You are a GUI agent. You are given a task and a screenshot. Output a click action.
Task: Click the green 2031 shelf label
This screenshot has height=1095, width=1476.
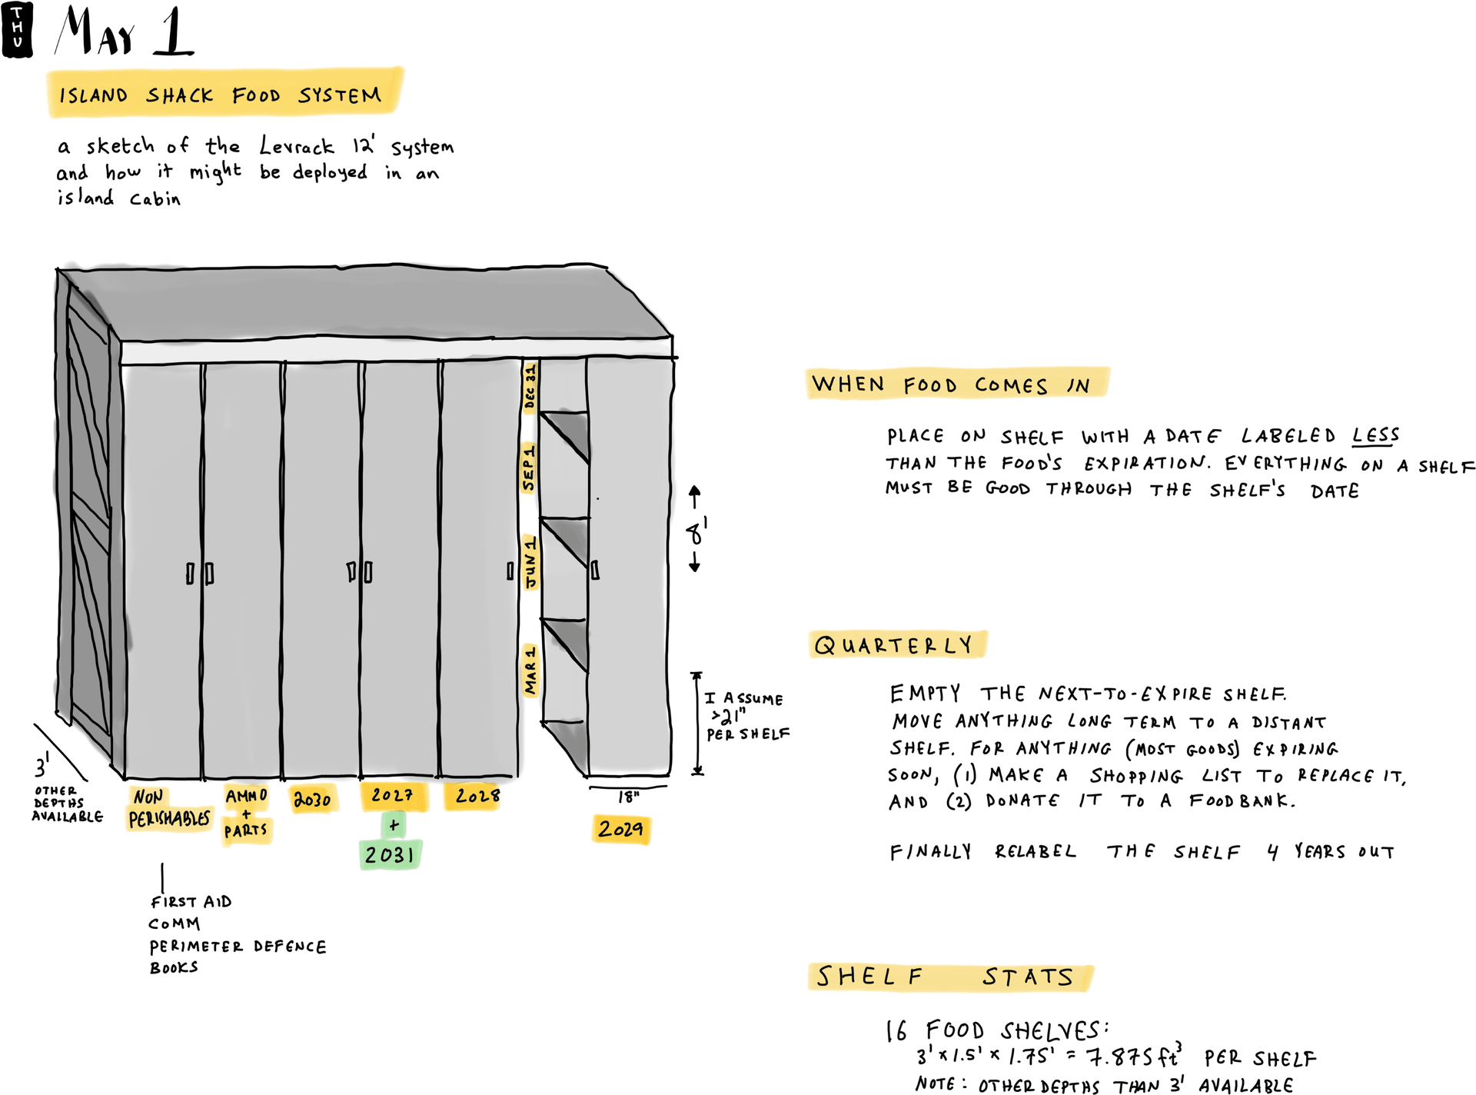click(x=390, y=854)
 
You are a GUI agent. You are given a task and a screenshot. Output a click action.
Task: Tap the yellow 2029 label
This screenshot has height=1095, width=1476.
click(x=620, y=829)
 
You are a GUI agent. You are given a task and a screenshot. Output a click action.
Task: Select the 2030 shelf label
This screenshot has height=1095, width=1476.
click(x=312, y=800)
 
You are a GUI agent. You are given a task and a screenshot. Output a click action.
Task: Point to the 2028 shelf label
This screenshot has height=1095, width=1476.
click(x=477, y=796)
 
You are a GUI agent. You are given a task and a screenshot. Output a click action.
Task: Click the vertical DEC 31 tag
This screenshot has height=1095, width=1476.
click(x=530, y=387)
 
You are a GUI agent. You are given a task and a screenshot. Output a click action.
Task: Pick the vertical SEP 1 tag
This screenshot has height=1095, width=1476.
click(x=528, y=468)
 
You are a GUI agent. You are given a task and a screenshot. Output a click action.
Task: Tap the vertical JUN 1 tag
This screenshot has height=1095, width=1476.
click(x=530, y=562)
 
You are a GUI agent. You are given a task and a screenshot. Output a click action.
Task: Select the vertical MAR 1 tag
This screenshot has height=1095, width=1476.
click(x=530, y=670)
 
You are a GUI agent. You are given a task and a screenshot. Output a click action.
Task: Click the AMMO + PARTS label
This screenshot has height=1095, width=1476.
click(x=246, y=814)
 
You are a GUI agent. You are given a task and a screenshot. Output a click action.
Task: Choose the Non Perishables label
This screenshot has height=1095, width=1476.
click(x=168, y=809)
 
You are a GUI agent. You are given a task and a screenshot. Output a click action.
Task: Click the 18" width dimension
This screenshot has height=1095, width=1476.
click(x=629, y=797)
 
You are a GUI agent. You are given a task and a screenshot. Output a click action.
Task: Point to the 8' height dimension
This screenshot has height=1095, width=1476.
click(x=696, y=530)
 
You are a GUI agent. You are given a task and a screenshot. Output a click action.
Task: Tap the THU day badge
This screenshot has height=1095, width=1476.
click(x=17, y=29)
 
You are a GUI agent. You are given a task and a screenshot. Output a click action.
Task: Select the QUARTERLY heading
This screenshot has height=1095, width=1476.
click(x=894, y=645)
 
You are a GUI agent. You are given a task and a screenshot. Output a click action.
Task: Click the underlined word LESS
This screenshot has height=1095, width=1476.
click(x=1375, y=436)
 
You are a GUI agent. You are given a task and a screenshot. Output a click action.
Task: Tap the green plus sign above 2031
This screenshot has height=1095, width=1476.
click(x=394, y=826)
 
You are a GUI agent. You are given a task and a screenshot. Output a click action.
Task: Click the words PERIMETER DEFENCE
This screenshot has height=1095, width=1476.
click(x=238, y=947)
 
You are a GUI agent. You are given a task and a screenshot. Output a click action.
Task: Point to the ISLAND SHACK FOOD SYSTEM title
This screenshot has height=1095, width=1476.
click(x=221, y=95)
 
